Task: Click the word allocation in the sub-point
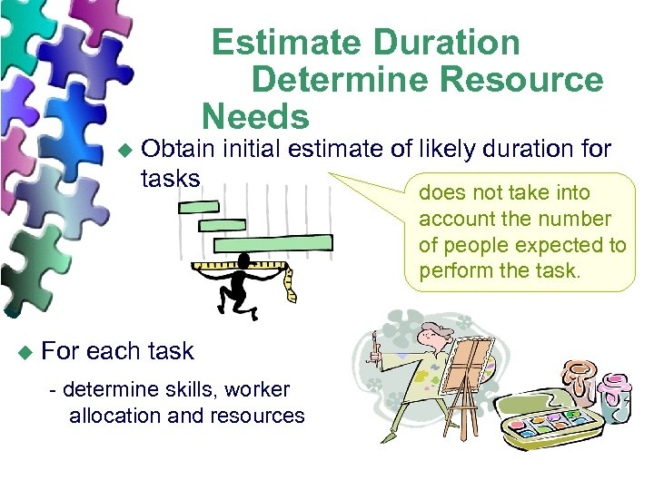[x=117, y=416]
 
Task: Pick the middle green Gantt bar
[x=222, y=225]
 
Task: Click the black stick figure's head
[x=245, y=261]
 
